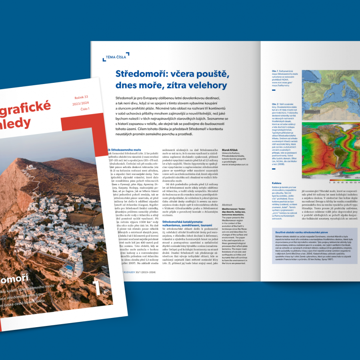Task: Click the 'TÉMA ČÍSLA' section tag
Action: (116, 57)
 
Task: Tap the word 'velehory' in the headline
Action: (208, 85)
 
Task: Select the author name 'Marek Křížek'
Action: (232, 150)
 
